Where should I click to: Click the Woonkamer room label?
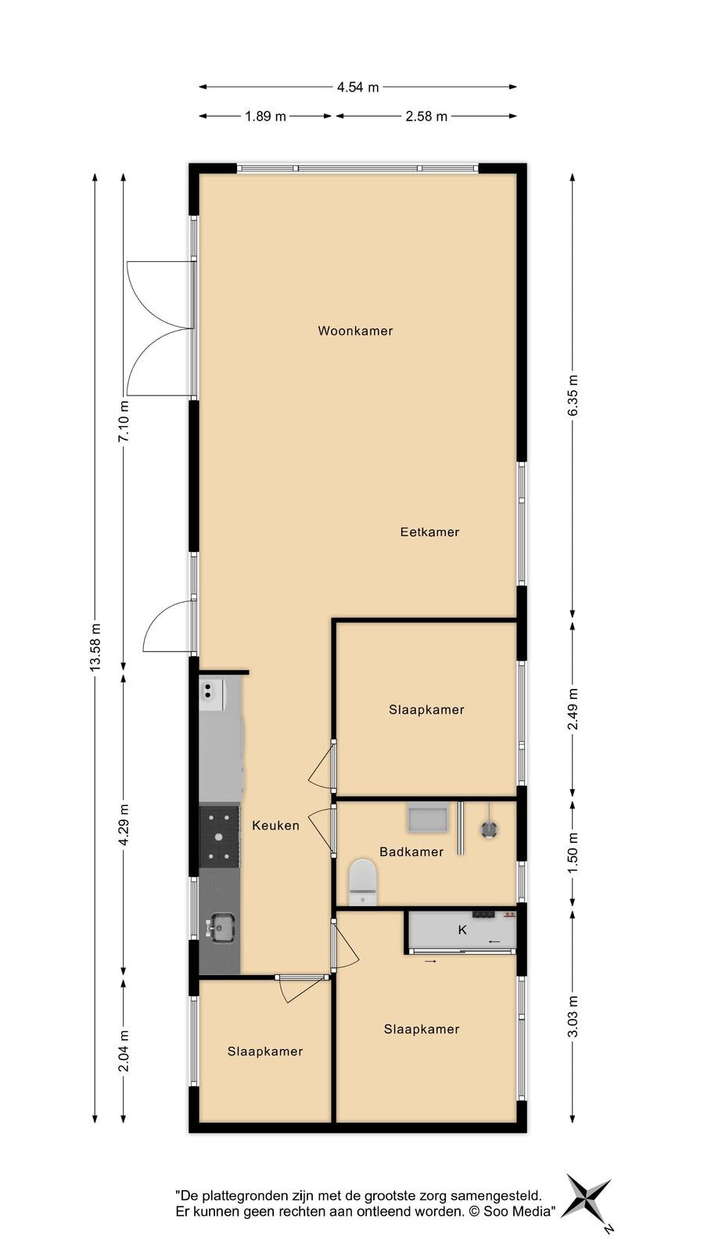pos(355,331)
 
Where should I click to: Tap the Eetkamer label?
pos(429,532)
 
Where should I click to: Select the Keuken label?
pos(275,826)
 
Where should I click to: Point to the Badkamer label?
pos(411,851)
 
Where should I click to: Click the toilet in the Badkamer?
pos(363,882)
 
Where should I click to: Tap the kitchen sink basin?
pos(220,927)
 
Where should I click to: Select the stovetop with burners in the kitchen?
pos(220,836)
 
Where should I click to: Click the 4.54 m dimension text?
pos(357,87)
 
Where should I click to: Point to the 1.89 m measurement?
pos(265,116)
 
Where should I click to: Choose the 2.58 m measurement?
pos(426,116)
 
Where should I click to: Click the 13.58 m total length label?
pos(95,647)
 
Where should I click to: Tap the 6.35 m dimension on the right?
pos(573,396)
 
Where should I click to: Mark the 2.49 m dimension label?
pos(573,709)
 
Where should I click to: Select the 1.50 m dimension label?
pos(573,853)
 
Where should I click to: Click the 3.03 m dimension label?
pos(573,1016)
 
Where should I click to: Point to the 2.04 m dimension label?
pos(124,1051)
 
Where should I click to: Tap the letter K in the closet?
pos(462,930)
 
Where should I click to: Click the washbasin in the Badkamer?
pos(428,817)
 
